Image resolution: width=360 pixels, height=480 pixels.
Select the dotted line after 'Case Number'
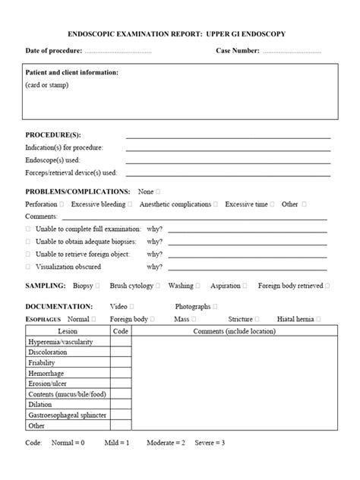pyautogui.click(x=292, y=51)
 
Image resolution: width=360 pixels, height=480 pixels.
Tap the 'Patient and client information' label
pyautogui.click(x=72, y=73)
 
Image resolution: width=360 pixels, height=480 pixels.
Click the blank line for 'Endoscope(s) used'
pyautogui.click(x=228, y=161)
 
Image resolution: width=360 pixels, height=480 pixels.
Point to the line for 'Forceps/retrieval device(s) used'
pyautogui.click(x=228, y=174)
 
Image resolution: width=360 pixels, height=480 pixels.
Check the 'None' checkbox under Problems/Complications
pyautogui.click(x=158, y=192)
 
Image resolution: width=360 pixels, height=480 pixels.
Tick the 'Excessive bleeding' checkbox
pyautogui.click(x=130, y=204)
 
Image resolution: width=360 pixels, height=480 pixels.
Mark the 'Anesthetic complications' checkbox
pyautogui.click(x=216, y=204)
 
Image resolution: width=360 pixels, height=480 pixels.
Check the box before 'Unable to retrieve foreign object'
pyautogui.click(x=28, y=254)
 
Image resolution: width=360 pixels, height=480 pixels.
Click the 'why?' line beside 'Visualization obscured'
pyautogui.click(x=249, y=267)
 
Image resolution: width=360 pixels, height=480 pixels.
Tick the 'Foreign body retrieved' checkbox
pyautogui.click(x=327, y=286)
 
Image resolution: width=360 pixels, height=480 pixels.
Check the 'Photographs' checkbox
pyautogui.click(x=216, y=306)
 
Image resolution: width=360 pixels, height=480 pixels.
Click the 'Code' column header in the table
pyautogui.click(x=121, y=331)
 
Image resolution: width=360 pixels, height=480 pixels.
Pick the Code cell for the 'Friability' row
pyautogui.click(x=121, y=363)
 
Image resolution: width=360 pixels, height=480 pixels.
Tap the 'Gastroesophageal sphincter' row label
pyautogui.click(x=67, y=415)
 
